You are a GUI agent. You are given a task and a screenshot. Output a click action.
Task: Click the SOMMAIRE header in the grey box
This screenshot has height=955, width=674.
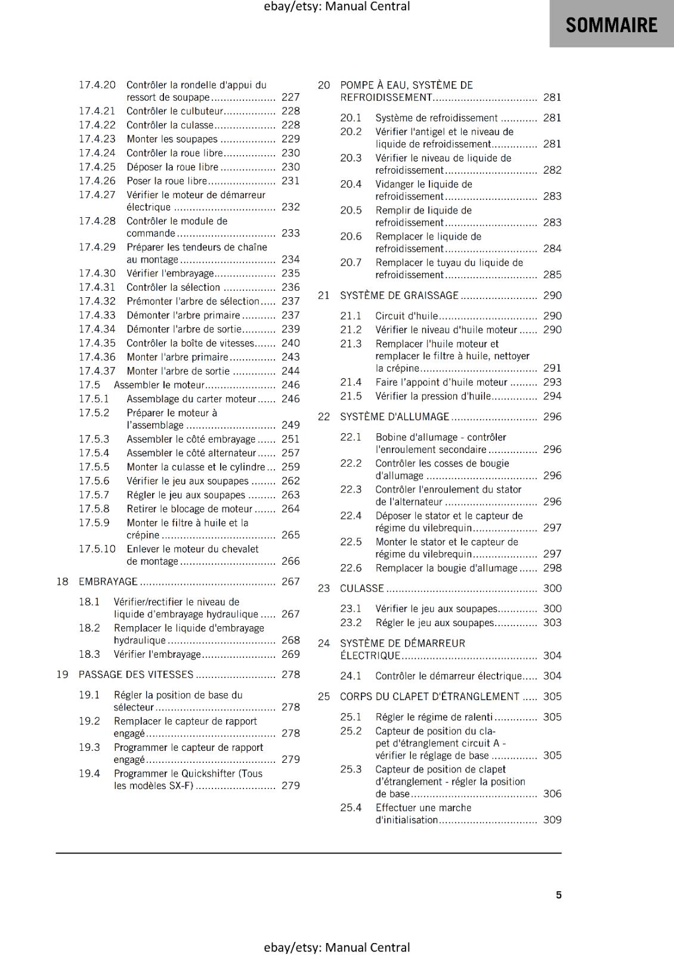point(611,24)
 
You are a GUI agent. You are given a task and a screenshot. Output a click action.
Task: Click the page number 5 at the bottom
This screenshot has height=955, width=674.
point(559,895)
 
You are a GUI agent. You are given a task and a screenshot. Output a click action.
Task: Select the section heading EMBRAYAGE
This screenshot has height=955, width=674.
point(108,581)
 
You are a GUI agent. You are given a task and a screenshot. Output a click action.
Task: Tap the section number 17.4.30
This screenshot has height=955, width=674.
point(97,273)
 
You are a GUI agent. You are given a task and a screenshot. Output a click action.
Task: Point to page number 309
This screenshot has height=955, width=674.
point(552,820)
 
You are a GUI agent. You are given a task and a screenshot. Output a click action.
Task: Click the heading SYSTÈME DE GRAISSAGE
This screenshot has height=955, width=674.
point(399,295)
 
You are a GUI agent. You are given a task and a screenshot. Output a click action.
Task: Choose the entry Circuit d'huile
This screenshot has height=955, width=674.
point(406,316)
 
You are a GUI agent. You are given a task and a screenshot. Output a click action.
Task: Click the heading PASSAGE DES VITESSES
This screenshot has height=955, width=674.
point(136,674)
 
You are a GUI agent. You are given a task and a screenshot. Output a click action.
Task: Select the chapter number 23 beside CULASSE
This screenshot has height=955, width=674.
point(324,589)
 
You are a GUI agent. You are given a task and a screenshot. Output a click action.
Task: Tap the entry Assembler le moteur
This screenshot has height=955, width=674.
point(159,385)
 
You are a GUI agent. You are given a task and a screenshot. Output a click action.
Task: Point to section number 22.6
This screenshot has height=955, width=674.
point(351,568)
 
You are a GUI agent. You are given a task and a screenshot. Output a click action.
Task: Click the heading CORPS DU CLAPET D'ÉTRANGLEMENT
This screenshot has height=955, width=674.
point(429,697)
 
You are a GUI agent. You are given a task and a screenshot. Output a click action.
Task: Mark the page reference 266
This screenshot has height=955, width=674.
point(290,561)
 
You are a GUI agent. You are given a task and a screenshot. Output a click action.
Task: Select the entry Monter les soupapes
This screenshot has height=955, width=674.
point(172,139)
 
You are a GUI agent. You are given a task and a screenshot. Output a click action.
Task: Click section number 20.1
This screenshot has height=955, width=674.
point(351,118)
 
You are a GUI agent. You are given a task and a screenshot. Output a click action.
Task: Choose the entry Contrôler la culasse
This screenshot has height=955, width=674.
point(169,125)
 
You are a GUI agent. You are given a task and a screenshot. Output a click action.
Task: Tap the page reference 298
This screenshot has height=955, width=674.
point(552,568)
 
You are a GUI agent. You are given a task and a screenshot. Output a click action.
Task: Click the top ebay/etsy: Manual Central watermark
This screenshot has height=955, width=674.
point(337,7)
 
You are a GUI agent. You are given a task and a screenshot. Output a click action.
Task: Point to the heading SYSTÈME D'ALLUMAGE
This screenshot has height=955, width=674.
point(394,417)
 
